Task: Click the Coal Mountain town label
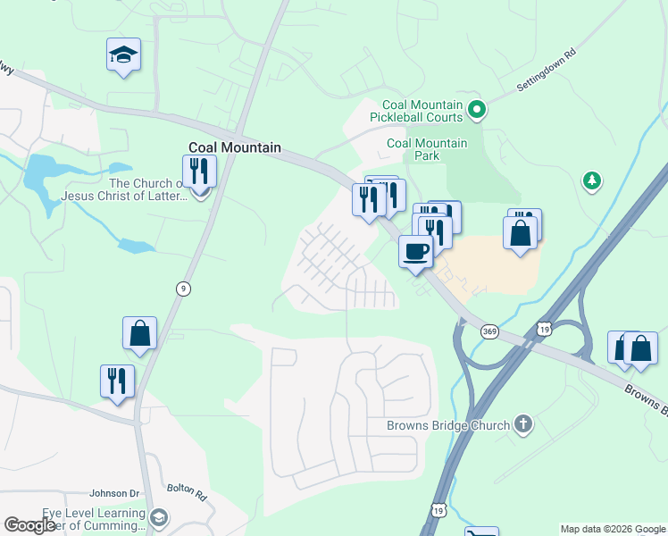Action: point(235,148)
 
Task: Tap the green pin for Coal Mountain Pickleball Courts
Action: point(477,110)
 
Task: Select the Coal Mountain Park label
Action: point(426,149)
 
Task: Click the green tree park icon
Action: point(590,181)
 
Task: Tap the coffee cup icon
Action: point(415,251)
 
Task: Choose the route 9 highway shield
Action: point(183,288)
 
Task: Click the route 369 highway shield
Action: point(489,331)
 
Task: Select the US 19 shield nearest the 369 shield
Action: point(544,330)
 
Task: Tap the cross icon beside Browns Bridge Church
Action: point(524,425)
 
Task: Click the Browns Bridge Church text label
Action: point(447,426)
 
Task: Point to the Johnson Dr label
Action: point(115,493)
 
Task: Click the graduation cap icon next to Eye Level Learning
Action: point(158,518)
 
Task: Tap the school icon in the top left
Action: point(123,56)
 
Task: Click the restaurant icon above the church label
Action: point(199,172)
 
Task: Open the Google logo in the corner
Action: point(29,525)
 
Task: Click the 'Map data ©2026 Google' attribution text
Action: point(612,529)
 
